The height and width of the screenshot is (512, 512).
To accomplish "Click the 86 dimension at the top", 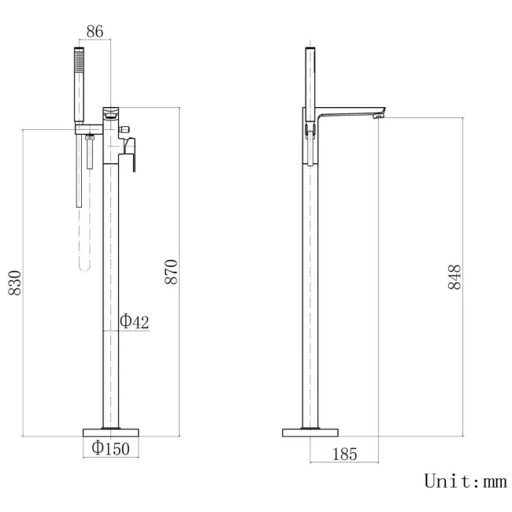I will pos(94,32).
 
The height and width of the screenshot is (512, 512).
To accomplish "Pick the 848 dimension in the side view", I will pos(454,277).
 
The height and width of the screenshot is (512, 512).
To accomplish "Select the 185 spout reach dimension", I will pos(345,454).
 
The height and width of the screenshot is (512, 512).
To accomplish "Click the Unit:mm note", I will pos(465,480).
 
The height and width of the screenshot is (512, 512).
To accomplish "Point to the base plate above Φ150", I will pos(112,432).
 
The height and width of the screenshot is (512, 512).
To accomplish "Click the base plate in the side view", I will pos(311,432).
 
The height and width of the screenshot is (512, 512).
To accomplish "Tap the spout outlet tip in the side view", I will pos(380,117).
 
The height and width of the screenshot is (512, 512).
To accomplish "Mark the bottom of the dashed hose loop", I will pos(84,268).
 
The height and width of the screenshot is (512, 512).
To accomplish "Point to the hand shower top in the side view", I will pos(311,52).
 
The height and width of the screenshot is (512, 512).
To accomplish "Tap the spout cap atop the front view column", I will pos(112,107).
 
